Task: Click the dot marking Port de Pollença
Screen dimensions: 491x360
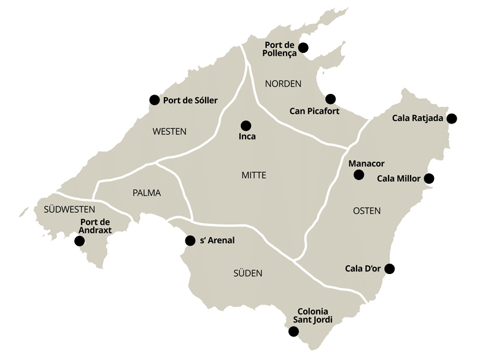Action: tap(303, 48)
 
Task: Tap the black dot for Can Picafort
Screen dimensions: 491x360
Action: tap(330, 99)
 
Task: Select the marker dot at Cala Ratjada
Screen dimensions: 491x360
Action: tap(452, 119)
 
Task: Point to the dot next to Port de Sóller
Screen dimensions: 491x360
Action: tap(154, 100)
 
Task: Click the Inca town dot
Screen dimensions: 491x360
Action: tap(246, 125)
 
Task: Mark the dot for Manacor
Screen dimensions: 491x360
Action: tap(358, 176)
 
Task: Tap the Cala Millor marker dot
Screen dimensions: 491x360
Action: tap(430, 179)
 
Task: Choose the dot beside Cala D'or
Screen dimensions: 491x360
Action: tap(389, 268)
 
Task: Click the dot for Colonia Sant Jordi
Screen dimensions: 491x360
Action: tap(293, 332)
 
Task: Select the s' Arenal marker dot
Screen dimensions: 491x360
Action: tap(190, 240)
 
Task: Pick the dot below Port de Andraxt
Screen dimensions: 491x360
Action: tap(79, 241)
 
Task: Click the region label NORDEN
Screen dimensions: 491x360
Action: tap(283, 84)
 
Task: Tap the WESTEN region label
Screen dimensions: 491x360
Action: tap(169, 131)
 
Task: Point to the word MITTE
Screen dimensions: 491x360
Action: tap(254, 176)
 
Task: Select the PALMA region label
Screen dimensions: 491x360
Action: tap(147, 193)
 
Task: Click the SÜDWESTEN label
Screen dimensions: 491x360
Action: tap(68, 209)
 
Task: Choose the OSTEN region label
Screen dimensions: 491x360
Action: tap(367, 211)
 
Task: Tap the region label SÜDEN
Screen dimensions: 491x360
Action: tap(248, 273)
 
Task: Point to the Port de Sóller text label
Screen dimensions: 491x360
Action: tap(190, 100)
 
